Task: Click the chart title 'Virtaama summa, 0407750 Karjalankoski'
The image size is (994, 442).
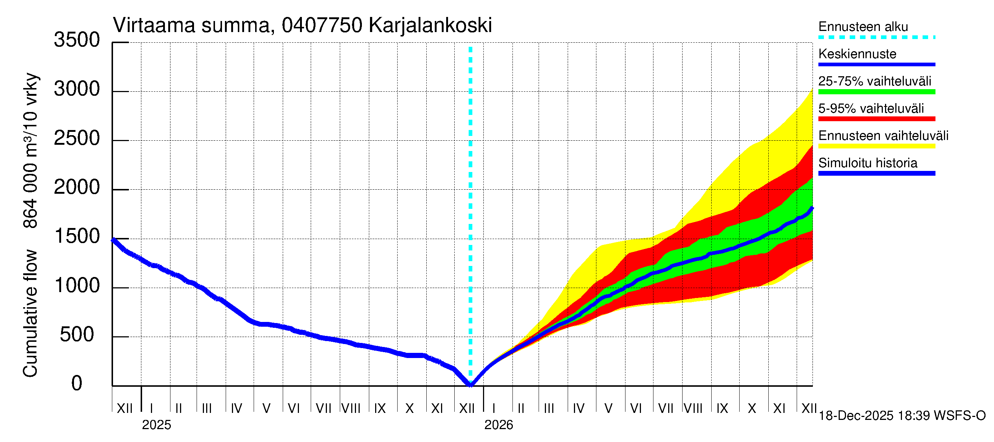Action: (x=302, y=25)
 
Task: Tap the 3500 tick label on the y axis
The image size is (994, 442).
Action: (x=77, y=40)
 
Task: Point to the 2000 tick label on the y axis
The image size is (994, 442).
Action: (x=77, y=187)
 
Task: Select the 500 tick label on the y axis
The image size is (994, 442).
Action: (x=77, y=335)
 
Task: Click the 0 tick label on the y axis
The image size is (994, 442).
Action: (x=77, y=384)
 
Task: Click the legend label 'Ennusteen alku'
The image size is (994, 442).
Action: (x=863, y=27)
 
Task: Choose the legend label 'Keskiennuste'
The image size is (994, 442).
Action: (x=857, y=54)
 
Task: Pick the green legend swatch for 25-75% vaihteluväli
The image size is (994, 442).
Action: (x=876, y=92)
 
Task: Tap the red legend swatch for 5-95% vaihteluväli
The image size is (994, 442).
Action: (x=876, y=119)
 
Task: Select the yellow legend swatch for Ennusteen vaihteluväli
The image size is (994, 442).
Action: (x=876, y=146)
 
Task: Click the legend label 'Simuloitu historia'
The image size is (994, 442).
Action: (x=867, y=163)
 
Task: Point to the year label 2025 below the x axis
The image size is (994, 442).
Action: (x=156, y=425)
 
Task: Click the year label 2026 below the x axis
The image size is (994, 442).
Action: (x=498, y=425)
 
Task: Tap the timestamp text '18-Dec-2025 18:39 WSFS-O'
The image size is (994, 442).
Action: (x=902, y=416)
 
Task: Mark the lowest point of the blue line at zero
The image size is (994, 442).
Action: (x=470, y=385)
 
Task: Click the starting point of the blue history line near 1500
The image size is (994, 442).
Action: (x=113, y=240)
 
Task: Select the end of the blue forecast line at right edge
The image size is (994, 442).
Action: (x=812, y=209)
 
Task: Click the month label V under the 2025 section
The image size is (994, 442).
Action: (x=266, y=408)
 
